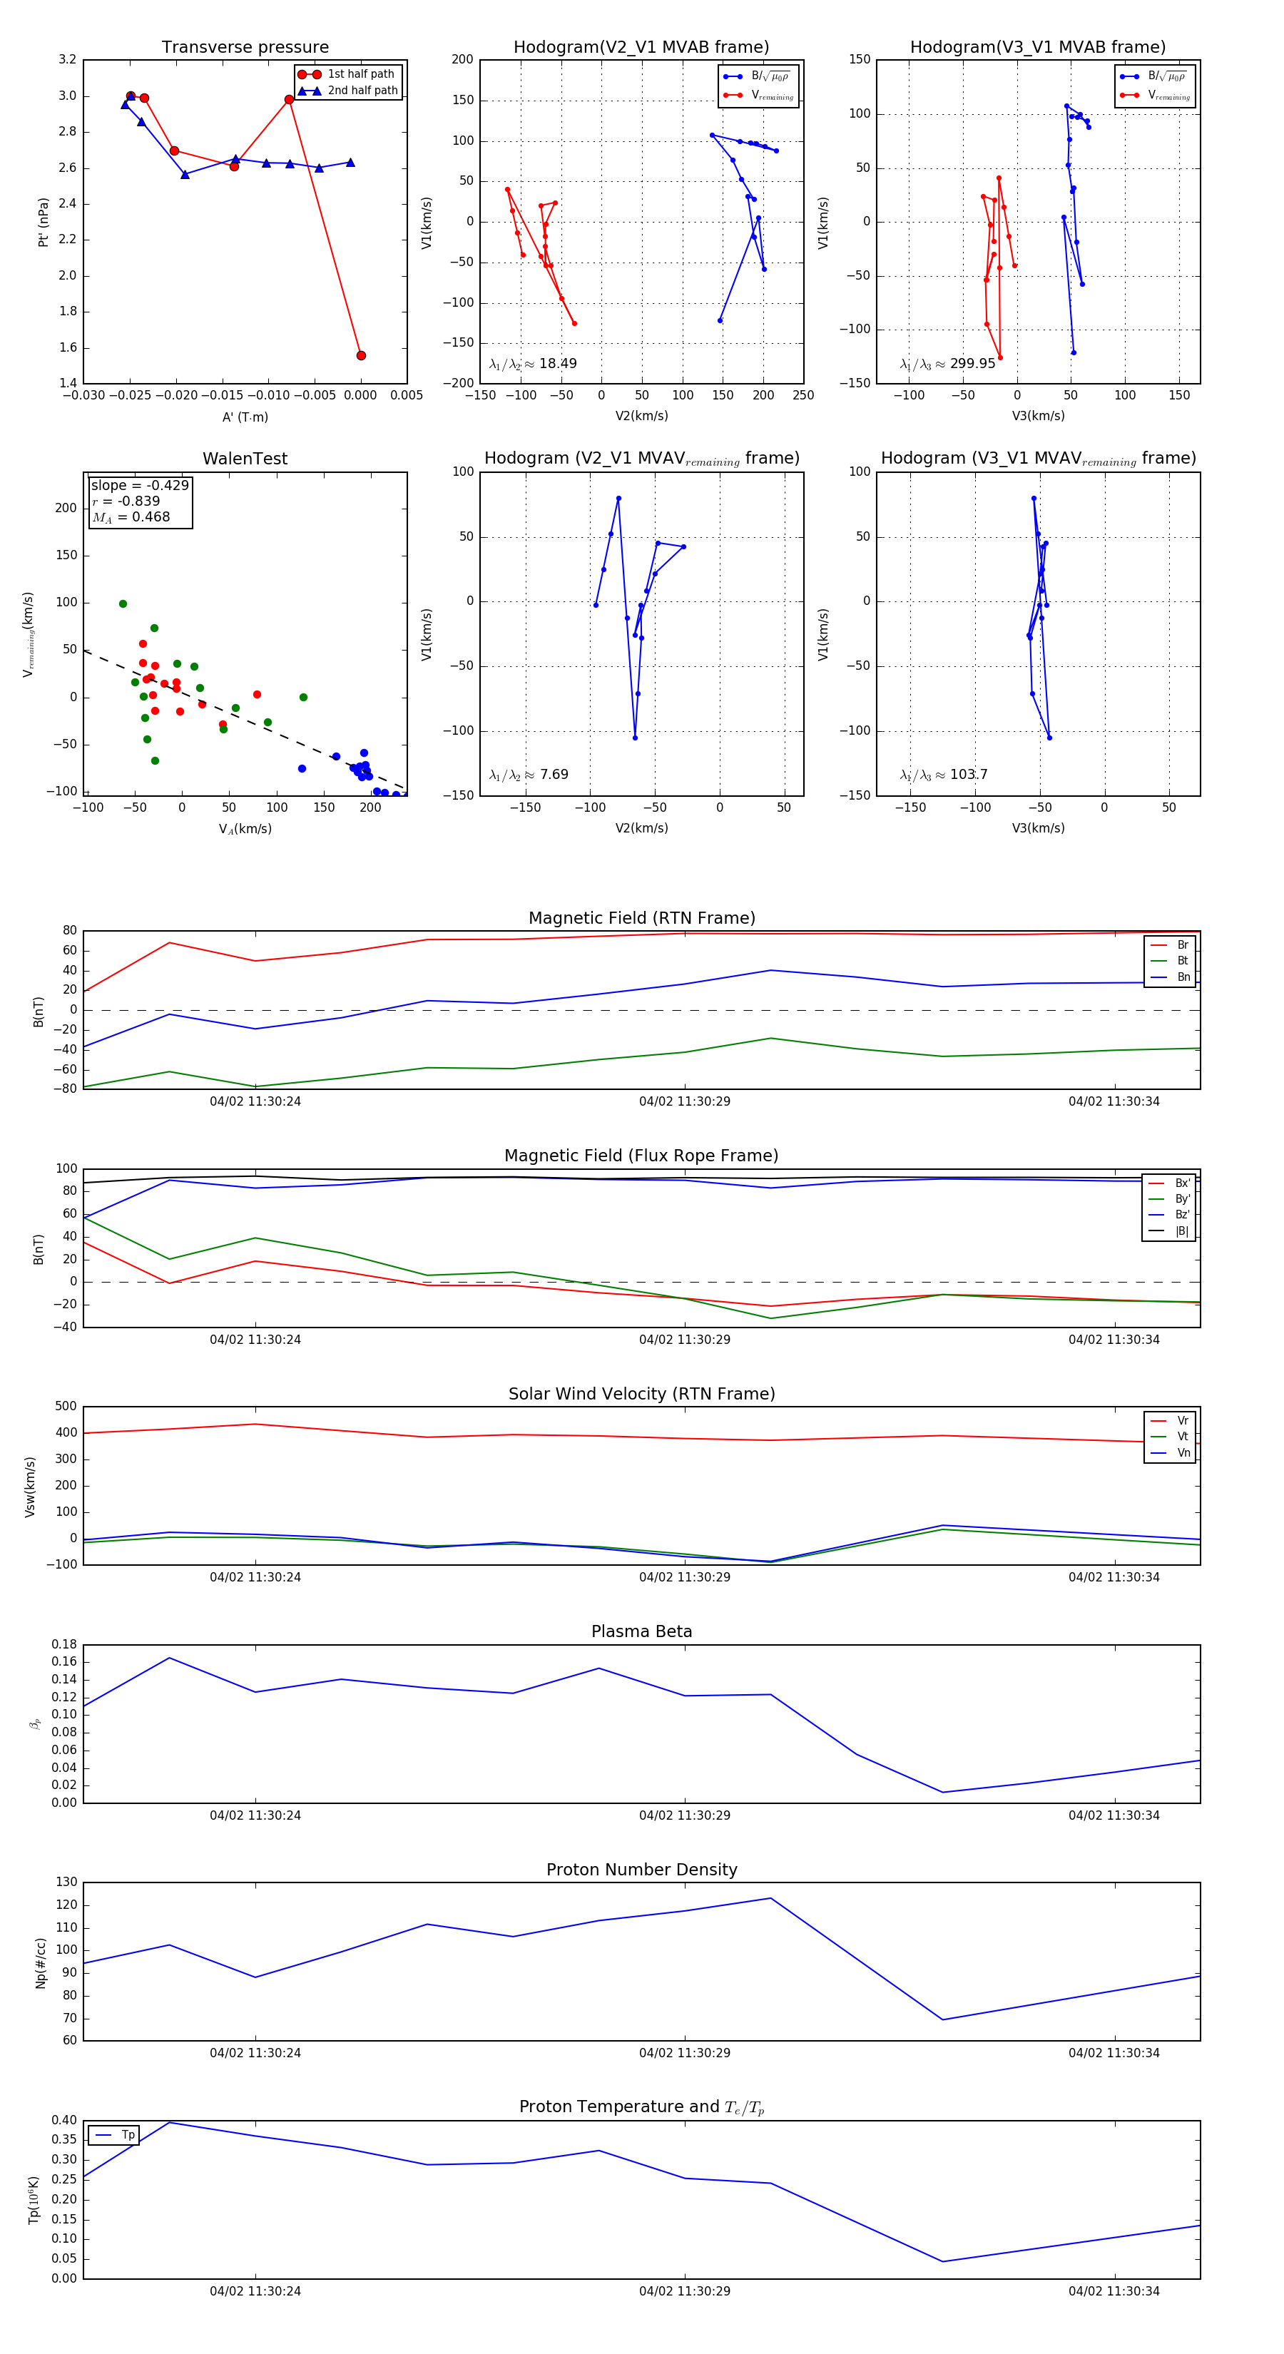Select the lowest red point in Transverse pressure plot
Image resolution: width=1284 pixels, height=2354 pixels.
coord(361,355)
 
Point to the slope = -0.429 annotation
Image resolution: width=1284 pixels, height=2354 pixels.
coord(139,485)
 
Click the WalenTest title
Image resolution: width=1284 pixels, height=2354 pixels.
coord(245,459)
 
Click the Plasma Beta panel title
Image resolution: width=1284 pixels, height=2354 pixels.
coord(641,1632)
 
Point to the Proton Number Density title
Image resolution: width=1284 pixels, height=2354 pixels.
coord(641,1870)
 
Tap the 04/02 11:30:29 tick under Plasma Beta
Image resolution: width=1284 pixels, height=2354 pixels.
coord(685,1815)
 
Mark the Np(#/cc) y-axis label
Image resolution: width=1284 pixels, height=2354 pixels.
coord(40,1963)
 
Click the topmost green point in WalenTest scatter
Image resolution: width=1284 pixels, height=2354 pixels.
coord(123,604)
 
